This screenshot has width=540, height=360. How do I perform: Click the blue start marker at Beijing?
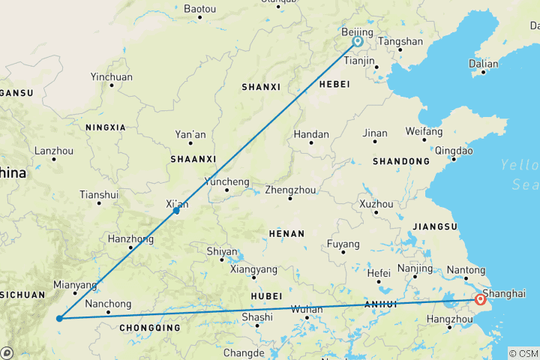click(358, 42)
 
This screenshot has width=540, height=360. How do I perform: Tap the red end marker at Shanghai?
click(480, 301)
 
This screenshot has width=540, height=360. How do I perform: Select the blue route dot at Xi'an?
click(176, 211)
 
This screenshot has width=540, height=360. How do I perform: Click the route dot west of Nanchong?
click(58, 318)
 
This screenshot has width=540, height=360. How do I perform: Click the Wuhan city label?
click(306, 309)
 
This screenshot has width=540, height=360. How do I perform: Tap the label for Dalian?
click(483, 64)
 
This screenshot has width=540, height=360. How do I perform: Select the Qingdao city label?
click(454, 150)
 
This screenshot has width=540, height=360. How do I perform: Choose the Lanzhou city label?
click(53, 150)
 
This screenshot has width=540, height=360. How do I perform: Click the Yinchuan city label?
click(111, 76)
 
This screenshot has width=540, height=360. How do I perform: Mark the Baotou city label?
click(199, 9)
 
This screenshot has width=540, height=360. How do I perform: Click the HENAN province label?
click(286, 234)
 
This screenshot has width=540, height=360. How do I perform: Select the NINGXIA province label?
click(106, 127)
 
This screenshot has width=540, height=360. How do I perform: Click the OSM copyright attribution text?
click(523, 353)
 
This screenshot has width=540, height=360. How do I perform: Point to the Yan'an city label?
click(190, 134)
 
